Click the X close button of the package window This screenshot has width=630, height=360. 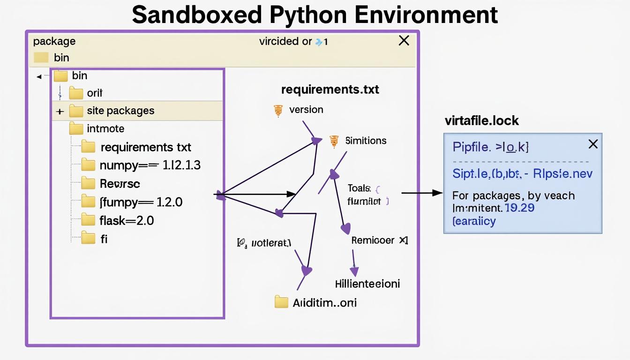point(404,41)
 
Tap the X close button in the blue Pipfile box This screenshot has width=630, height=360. point(593,144)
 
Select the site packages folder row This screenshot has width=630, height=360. point(120,111)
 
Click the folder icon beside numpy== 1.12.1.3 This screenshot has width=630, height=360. point(88,165)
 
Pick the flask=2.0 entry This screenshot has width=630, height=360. point(127,220)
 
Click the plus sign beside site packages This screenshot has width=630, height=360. point(60,112)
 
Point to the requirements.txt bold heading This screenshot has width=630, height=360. point(330,90)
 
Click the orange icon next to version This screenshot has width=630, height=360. point(278,110)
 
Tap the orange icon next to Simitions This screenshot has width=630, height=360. point(334,141)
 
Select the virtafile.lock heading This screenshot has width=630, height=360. point(481,121)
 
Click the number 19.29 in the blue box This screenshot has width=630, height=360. point(520,208)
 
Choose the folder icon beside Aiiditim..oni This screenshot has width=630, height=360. point(281,302)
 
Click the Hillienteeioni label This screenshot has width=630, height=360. point(367,284)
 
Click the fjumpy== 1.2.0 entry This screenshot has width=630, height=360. point(141,202)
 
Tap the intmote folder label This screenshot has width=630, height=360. point(105,128)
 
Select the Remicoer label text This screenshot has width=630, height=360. point(373,240)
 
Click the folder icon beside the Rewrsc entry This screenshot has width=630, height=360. point(88,183)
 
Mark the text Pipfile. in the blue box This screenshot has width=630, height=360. point(472,147)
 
